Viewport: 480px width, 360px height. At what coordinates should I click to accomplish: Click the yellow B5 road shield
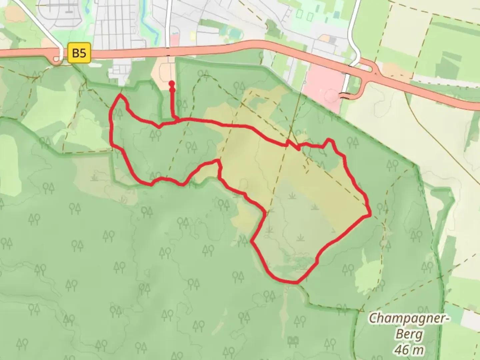point(79,53)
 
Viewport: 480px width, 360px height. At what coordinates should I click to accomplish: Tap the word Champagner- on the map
point(409,318)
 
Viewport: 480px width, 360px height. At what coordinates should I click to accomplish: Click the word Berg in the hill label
point(409,334)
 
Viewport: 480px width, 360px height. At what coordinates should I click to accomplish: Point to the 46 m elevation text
point(409,350)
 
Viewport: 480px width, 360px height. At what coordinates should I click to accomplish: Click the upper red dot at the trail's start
point(172,83)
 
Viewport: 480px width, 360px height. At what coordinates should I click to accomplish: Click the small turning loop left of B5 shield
point(57,59)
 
